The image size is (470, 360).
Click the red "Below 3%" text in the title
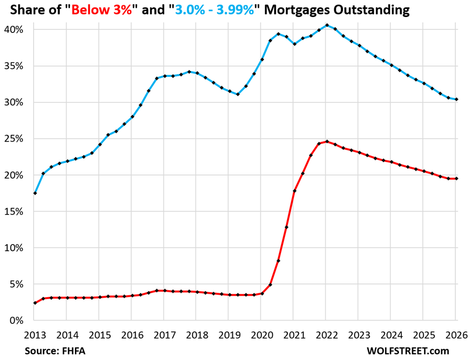pos(101,10)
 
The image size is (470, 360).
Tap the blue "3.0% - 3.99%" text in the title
pos(214,10)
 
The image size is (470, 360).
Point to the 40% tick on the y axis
pos(14,29)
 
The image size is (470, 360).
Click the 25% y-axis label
pos(14,139)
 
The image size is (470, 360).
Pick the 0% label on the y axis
pos(16,320)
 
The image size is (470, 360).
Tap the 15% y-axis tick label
pos(14,212)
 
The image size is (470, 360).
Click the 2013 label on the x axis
pos(35,335)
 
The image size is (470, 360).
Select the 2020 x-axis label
pos(262,335)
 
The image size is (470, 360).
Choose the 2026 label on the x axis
pos(456,335)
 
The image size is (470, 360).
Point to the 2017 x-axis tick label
pos(165,335)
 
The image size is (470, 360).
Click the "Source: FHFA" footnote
pos(53,351)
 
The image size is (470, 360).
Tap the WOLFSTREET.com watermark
pos(408,351)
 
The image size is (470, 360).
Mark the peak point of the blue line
pos(327,25)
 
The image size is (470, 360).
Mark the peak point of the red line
pos(327,142)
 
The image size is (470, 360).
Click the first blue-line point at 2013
pos(35,193)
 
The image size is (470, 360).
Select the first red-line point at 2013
pos(35,303)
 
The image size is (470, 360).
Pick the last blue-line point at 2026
pos(456,99)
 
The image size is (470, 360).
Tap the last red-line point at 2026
pos(456,178)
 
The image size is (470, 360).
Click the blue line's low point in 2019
pos(238,94)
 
